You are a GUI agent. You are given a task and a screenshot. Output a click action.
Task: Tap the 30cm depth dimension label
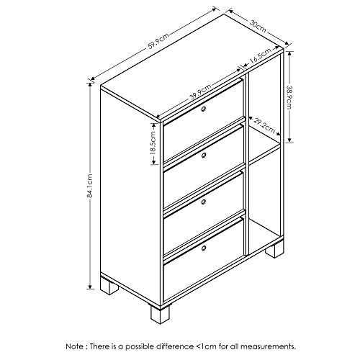(x=258, y=26)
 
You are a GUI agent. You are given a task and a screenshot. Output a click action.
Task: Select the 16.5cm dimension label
(x=261, y=56)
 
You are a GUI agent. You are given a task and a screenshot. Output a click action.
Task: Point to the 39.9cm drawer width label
(x=200, y=92)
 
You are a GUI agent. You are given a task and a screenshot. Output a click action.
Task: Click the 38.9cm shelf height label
(x=289, y=97)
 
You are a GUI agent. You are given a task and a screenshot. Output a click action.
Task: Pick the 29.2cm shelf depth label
(x=264, y=125)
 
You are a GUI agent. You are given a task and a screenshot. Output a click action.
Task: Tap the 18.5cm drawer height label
(x=153, y=143)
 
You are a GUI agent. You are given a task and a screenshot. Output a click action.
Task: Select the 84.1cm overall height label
(x=89, y=186)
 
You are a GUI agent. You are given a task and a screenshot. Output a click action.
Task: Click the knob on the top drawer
(x=204, y=109)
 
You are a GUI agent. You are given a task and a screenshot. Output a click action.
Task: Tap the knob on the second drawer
(x=204, y=156)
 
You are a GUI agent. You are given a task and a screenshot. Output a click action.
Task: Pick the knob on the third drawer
(x=204, y=202)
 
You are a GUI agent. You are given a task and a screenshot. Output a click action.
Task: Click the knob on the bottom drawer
(x=204, y=248)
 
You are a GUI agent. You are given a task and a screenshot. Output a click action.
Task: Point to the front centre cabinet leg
(x=160, y=314)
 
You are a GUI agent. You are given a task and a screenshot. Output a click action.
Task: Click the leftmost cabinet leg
(x=109, y=286)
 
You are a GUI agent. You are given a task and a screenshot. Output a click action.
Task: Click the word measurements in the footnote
(x=268, y=346)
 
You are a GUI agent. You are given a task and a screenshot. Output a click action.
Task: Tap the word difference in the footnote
(x=175, y=346)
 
